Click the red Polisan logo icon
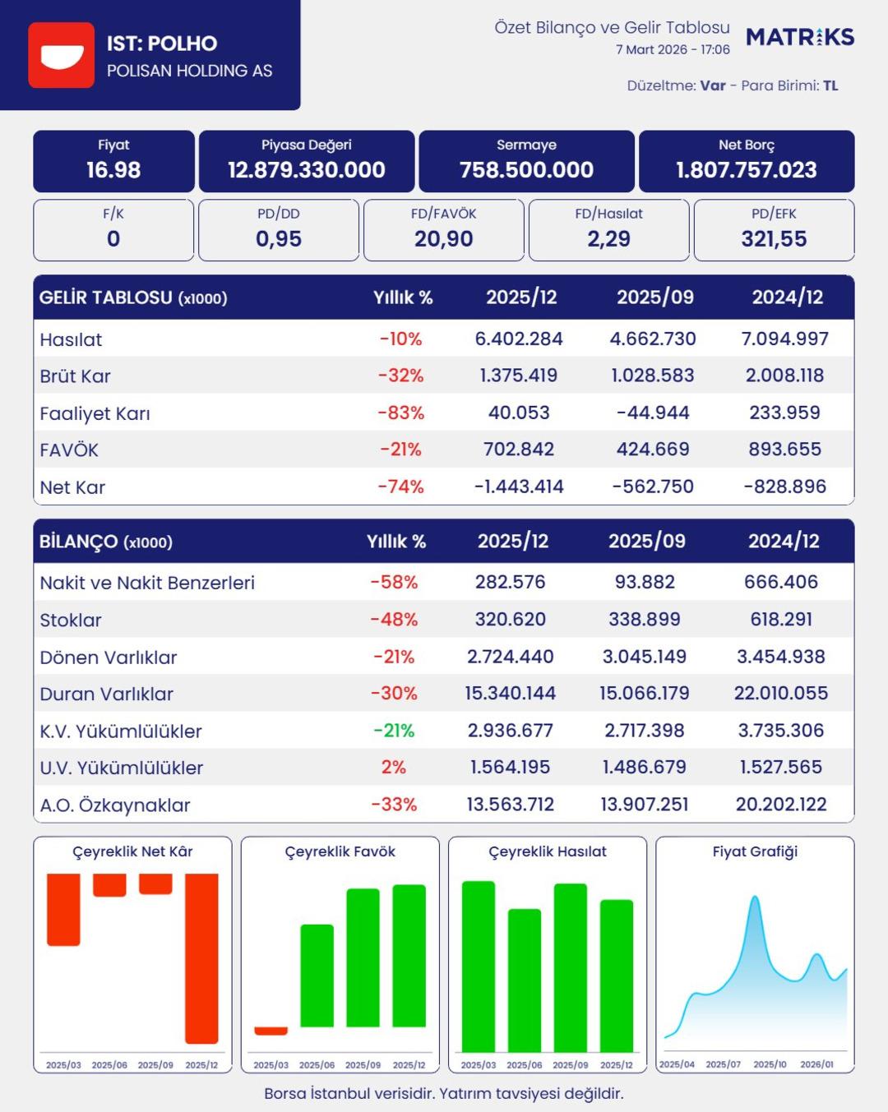61,55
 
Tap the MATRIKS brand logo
800,37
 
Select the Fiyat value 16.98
113,170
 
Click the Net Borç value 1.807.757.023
746,170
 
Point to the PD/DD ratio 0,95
278,239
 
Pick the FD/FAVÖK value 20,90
443,239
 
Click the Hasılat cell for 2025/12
519,339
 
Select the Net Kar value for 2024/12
784,487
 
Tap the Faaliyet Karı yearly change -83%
400,413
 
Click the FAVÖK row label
69,450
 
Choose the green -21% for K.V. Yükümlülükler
394,731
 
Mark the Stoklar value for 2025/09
645,620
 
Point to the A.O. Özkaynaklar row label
115,805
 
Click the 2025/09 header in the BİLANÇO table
646,542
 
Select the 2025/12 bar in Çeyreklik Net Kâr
201,957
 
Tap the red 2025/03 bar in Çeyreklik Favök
271,1031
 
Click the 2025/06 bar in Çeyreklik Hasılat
525,980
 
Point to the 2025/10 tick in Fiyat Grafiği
770,1064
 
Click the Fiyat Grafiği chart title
755,851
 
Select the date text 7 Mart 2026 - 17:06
673,49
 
